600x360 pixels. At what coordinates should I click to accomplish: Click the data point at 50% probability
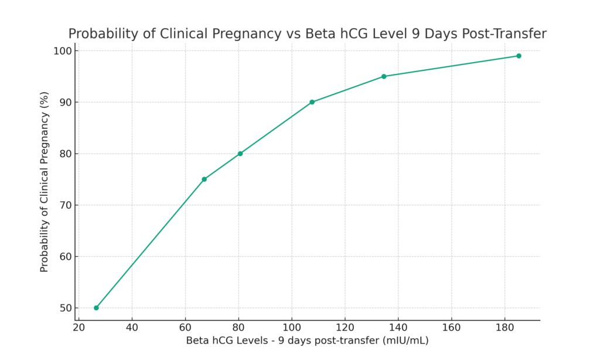pos(96,308)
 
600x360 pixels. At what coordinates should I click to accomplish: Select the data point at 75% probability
pos(204,179)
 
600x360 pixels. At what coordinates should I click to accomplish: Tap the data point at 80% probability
pos(240,154)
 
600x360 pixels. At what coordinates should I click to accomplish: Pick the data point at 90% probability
pos(312,102)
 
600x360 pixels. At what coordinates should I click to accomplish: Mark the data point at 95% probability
pos(384,76)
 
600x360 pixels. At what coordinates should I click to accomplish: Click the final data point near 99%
pos(519,56)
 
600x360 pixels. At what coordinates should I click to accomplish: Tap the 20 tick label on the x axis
pos(79,327)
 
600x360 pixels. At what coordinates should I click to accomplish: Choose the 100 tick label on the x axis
pos(292,327)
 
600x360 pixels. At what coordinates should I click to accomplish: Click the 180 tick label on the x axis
pos(504,327)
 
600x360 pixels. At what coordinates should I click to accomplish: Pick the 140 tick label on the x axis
pos(398,327)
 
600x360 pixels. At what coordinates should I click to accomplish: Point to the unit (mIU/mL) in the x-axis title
pos(405,341)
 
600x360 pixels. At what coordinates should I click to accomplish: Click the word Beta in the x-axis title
pos(197,341)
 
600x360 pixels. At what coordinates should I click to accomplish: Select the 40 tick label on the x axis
pos(132,327)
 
